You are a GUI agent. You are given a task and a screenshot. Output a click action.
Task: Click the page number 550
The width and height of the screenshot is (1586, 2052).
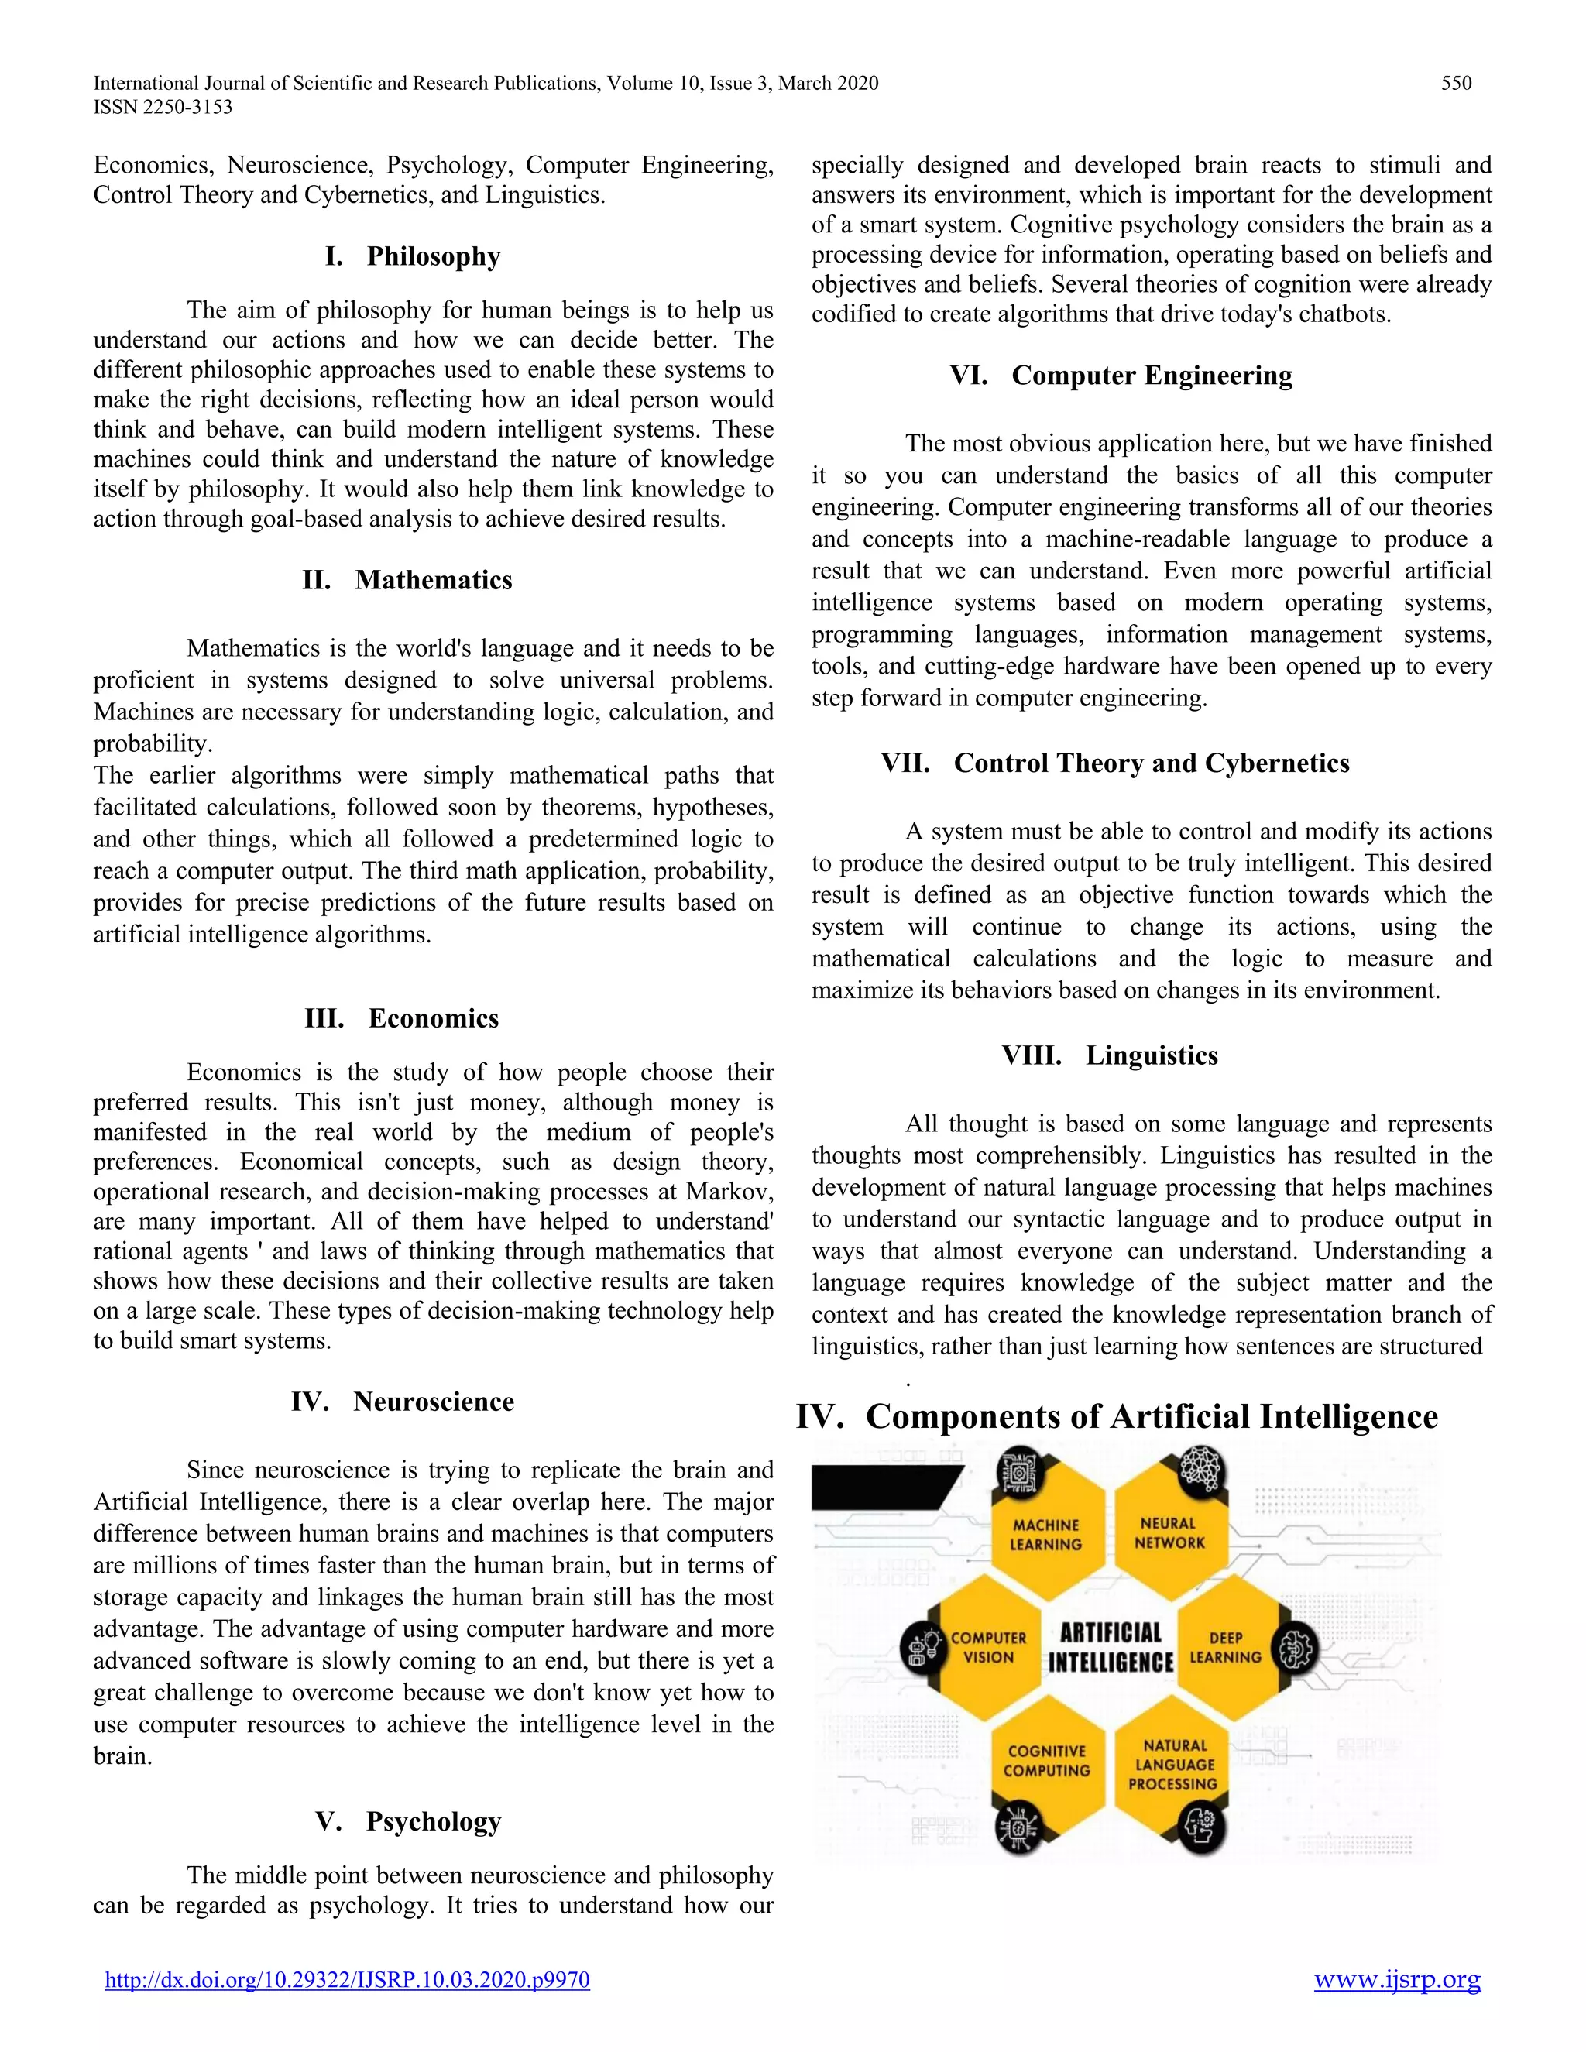point(1455,84)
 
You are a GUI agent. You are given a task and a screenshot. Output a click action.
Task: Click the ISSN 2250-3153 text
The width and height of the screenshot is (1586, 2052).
point(163,107)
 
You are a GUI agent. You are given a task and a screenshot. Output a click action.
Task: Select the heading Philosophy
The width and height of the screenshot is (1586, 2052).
point(433,256)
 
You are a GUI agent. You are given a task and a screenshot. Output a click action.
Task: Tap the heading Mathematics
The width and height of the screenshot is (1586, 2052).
point(433,580)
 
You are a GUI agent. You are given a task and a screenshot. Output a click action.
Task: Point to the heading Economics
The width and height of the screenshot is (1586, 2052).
point(433,1018)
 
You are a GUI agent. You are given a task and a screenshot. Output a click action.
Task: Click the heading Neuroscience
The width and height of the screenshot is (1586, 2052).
point(433,1402)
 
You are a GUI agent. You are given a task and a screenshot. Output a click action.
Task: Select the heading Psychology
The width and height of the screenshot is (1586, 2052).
point(433,1822)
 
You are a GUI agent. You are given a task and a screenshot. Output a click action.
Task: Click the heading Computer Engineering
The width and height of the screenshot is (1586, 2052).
point(1151,376)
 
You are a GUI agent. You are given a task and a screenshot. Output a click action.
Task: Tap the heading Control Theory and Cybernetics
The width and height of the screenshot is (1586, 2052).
point(1151,763)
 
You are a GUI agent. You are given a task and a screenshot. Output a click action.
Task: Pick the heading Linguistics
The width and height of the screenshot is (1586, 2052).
point(1151,1055)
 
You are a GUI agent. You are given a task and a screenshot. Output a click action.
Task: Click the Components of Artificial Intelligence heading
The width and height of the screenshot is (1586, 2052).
point(1151,1417)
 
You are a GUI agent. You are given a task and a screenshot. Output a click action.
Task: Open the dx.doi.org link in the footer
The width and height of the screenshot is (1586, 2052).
point(347,1980)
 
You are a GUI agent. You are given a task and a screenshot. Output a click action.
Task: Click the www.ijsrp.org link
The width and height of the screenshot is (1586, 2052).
point(1396,1980)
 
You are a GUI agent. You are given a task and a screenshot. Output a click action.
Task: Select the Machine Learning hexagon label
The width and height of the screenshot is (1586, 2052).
point(1045,1534)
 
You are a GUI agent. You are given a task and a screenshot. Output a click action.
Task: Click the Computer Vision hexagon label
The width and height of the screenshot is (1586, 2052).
point(988,1647)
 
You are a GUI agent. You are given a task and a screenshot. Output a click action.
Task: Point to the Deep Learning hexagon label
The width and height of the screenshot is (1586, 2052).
point(1225,1647)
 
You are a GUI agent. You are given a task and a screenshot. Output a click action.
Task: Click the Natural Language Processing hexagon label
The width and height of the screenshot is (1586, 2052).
point(1173,1765)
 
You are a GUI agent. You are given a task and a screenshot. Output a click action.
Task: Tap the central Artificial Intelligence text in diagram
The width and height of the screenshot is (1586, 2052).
point(1111,1647)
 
